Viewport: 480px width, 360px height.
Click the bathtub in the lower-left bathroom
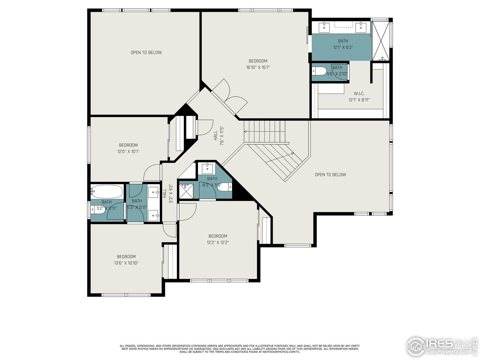click(x=107, y=192)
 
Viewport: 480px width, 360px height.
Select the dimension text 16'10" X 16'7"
click(x=258, y=67)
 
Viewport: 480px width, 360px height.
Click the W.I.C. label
click(x=359, y=93)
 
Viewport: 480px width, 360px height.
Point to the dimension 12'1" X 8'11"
click(x=359, y=100)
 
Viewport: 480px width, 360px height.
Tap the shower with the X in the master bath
click(x=381, y=40)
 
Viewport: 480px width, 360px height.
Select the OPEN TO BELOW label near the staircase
click(x=330, y=174)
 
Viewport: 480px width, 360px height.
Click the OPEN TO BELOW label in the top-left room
click(x=146, y=52)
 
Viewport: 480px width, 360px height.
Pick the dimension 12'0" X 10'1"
click(x=128, y=151)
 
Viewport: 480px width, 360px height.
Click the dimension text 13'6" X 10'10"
click(x=126, y=263)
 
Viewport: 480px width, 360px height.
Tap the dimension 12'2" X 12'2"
click(x=218, y=242)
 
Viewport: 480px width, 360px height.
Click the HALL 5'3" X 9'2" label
click(x=168, y=193)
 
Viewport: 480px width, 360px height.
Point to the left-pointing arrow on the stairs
click(x=246, y=132)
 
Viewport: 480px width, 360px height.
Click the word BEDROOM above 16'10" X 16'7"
click(x=258, y=61)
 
